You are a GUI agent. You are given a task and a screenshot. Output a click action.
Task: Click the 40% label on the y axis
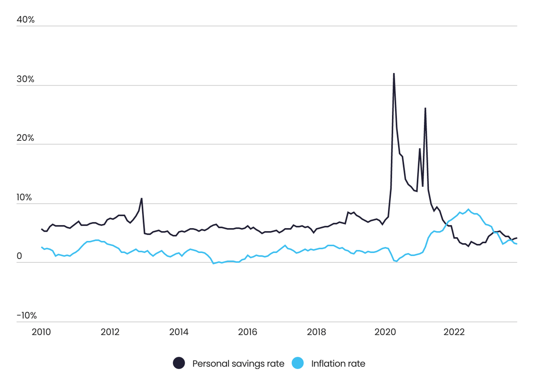click(26, 20)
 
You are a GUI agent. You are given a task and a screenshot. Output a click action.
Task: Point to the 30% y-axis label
click(26, 79)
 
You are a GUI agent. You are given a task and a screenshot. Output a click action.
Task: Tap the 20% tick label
click(26, 138)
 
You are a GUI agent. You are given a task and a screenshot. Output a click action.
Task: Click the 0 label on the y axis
click(19, 256)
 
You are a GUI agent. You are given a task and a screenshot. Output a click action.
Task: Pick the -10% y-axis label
click(26, 316)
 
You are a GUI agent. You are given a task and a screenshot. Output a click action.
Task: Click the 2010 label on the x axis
click(41, 332)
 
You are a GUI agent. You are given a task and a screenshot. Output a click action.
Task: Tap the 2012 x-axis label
click(110, 332)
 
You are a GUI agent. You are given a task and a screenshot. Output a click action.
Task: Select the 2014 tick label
click(179, 332)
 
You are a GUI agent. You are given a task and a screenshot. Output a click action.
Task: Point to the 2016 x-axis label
click(248, 332)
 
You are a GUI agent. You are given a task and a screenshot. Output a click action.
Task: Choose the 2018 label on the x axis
click(316, 332)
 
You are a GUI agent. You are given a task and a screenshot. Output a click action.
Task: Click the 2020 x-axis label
click(385, 332)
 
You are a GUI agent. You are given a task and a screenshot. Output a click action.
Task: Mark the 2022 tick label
click(454, 332)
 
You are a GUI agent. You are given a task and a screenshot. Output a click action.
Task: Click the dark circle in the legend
click(179, 364)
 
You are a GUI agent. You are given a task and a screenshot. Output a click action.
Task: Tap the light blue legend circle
click(298, 364)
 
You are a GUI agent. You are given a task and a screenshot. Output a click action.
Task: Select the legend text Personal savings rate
click(238, 364)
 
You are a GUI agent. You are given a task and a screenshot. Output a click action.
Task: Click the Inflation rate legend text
click(338, 364)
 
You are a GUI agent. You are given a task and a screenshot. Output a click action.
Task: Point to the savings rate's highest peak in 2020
click(393, 73)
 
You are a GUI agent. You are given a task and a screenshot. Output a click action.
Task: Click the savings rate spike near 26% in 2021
click(425, 108)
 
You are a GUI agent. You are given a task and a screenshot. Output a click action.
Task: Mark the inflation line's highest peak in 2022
click(468, 209)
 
